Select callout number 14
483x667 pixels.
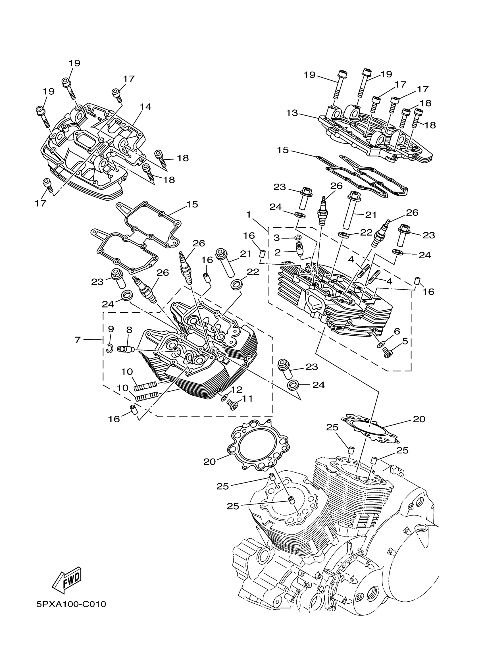click(x=145, y=107)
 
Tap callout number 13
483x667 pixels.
click(x=292, y=113)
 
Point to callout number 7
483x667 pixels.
click(x=77, y=340)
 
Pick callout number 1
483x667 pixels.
click(x=248, y=215)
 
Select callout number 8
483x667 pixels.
click(x=129, y=330)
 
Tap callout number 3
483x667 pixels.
click(x=277, y=238)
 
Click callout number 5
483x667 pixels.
click(x=405, y=341)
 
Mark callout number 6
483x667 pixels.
click(x=397, y=331)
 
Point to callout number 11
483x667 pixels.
click(x=247, y=399)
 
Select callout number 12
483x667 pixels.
click(x=236, y=390)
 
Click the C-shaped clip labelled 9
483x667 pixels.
click(x=110, y=348)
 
